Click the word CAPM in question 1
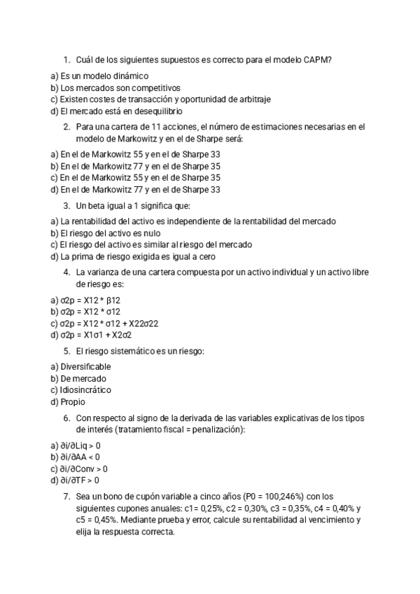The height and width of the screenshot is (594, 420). point(318,60)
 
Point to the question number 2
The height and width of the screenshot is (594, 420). point(66,127)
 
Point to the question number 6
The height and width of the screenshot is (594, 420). point(66,418)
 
